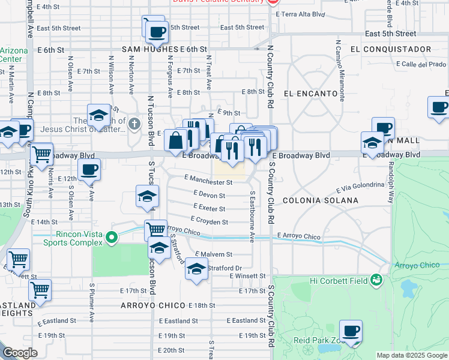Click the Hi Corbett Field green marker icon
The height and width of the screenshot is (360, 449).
pyautogui.click(x=376, y=279)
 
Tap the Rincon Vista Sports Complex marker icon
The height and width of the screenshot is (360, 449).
pyautogui.click(x=111, y=239)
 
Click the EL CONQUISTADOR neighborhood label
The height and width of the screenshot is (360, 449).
pyautogui.click(x=383, y=49)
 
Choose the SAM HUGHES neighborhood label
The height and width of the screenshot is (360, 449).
pyautogui.click(x=149, y=49)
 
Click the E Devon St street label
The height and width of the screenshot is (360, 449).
pyautogui.click(x=209, y=195)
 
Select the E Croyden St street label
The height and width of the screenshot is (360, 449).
pyautogui.click(x=209, y=221)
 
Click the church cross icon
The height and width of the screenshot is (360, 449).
pyautogui.click(x=134, y=124)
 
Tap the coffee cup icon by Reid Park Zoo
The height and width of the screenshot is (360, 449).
pyautogui.click(x=351, y=331)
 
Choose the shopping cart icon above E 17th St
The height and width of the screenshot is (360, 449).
pyautogui.click(x=40, y=290)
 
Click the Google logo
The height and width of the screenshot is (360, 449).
pyautogui.click(x=20, y=353)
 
